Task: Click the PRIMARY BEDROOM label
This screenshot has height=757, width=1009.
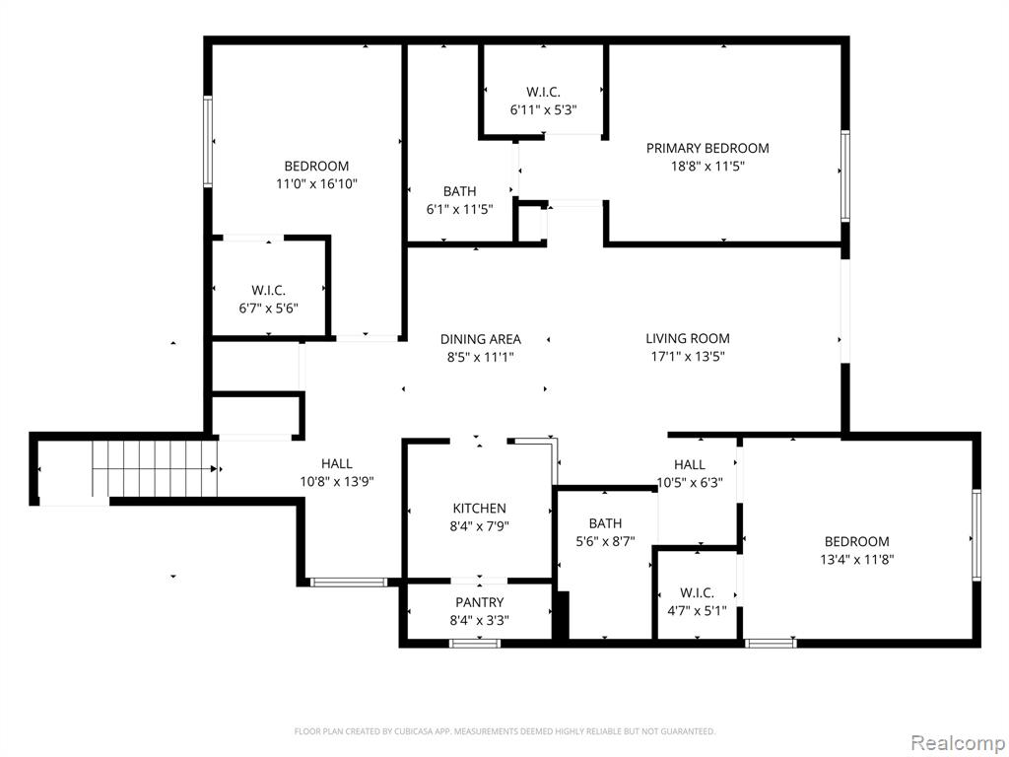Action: click(707, 148)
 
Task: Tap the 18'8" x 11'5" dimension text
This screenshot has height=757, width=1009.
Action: click(707, 166)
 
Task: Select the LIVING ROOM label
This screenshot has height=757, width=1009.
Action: click(687, 339)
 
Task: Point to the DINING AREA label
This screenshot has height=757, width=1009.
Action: click(481, 339)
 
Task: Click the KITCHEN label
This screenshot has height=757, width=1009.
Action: click(480, 508)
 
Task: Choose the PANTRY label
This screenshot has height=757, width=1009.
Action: click(480, 602)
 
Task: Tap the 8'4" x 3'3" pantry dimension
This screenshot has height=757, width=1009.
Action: click(480, 621)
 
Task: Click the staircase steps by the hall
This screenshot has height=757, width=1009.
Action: click(155, 469)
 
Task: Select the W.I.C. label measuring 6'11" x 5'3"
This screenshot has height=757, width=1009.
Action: click(543, 92)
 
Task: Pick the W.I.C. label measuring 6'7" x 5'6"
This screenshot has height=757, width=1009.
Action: click(268, 291)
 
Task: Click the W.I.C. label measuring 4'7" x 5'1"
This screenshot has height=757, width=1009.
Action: click(697, 592)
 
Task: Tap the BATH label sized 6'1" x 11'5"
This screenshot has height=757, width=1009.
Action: click(459, 191)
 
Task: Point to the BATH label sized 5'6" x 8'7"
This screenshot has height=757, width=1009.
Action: click(605, 523)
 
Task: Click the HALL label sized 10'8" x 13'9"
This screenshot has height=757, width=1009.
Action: click(337, 463)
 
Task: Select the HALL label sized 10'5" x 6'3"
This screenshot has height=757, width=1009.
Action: click(690, 464)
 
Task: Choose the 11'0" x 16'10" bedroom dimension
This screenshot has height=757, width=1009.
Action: click(316, 184)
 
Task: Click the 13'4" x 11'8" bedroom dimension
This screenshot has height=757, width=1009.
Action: click(856, 560)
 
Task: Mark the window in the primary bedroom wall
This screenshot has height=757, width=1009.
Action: click(844, 176)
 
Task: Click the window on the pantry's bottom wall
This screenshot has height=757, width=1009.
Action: click(475, 643)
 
